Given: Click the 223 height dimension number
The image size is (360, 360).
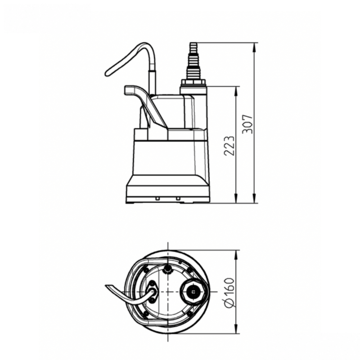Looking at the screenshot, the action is [x=229, y=146].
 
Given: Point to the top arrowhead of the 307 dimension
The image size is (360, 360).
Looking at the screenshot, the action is [x=254, y=48].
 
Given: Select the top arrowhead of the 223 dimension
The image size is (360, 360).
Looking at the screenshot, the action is [x=236, y=91].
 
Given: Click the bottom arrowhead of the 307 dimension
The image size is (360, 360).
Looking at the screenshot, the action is [x=254, y=198].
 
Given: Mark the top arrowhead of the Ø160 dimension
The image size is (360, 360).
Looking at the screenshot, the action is [x=236, y=255].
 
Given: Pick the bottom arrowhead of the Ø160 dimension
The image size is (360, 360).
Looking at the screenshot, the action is [x=236, y=328].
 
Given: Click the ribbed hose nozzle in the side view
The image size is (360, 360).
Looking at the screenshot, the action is [x=194, y=61].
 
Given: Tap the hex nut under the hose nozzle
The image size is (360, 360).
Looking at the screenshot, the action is [x=194, y=82].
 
